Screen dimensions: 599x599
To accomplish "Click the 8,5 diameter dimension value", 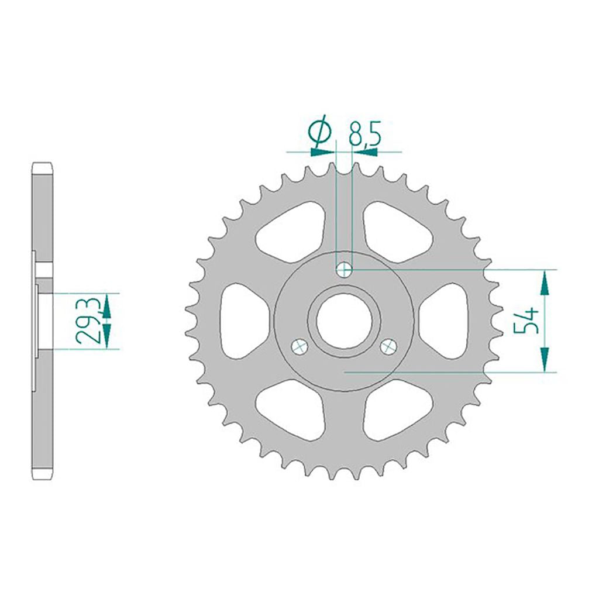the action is [x=365, y=135].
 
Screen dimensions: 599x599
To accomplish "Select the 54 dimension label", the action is [x=526, y=321].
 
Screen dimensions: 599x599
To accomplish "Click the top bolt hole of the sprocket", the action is [x=344, y=270].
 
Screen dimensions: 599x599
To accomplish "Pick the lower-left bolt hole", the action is [x=299, y=347].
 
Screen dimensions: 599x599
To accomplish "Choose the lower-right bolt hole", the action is [x=389, y=347].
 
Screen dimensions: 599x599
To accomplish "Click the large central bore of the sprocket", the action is [x=344, y=321].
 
